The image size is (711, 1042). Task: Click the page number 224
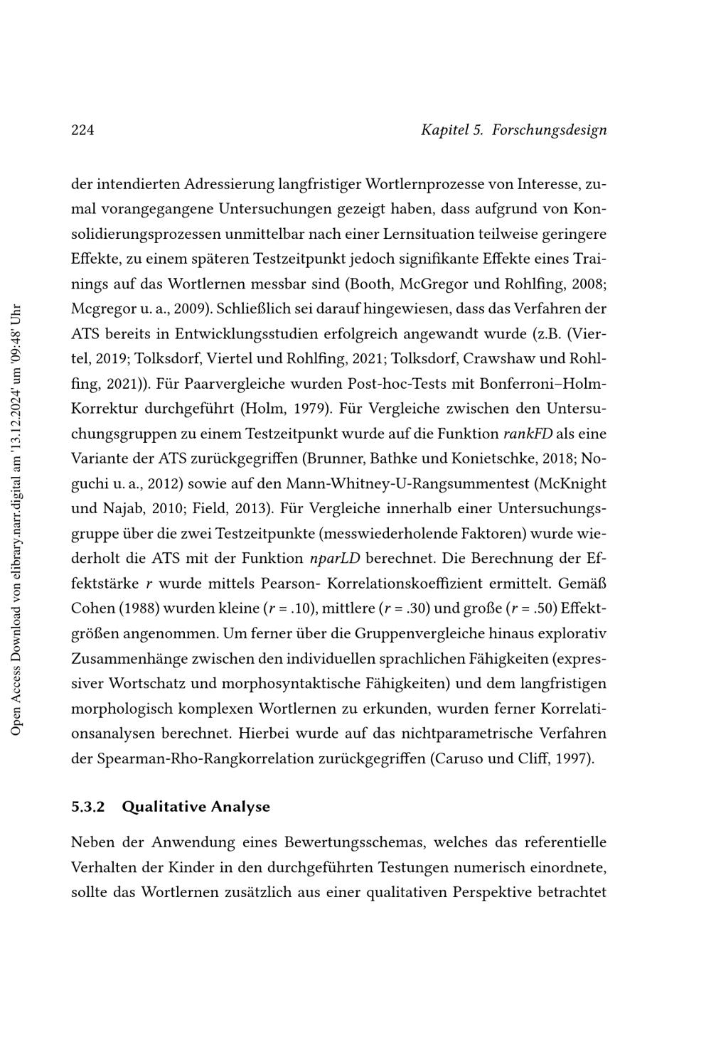click(82, 130)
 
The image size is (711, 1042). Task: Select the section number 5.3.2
click(88, 807)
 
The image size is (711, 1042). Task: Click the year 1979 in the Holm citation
click(308, 409)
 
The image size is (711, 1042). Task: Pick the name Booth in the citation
click(370, 284)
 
